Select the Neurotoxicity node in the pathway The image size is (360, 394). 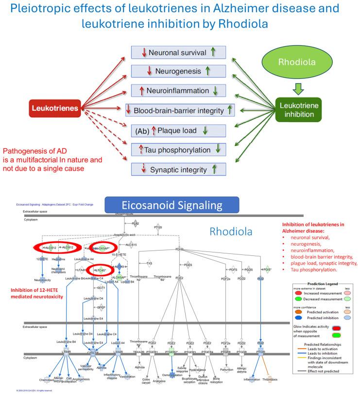click(x=42, y=280)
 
